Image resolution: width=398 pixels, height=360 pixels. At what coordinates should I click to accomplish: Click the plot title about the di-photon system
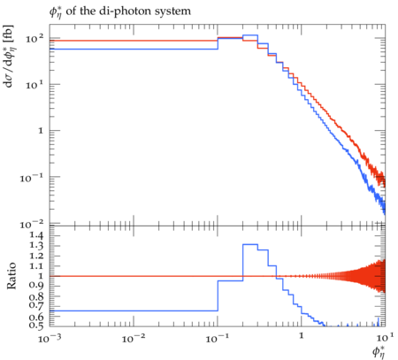point(120,11)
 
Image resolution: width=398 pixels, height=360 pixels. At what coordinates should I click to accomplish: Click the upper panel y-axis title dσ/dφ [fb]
point(9,56)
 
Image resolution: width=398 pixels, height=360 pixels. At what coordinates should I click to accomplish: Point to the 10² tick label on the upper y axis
point(34,38)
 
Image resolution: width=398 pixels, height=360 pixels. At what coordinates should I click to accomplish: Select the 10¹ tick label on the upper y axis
point(34,85)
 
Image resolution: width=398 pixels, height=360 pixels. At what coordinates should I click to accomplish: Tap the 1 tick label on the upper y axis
point(41,131)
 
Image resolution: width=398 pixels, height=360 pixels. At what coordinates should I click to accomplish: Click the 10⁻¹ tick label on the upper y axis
point(32,178)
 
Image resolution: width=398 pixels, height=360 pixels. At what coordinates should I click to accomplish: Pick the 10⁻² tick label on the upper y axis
point(32,224)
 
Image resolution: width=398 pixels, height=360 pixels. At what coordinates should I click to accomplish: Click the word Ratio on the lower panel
point(11,276)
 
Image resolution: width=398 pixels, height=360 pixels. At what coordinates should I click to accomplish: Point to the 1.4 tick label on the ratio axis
point(36,235)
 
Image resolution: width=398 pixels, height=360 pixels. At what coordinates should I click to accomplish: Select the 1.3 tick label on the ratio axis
point(36,246)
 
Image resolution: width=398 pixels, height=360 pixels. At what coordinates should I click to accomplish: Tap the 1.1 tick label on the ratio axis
point(36,266)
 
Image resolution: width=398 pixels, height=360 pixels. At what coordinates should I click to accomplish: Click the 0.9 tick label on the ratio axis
point(36,286)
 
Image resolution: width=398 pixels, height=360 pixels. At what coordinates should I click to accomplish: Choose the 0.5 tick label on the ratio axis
point(36,326)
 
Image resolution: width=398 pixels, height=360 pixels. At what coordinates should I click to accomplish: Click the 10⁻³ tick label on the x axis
point(50,339)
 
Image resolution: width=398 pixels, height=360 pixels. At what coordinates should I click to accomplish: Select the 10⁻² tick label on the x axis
point(134,339)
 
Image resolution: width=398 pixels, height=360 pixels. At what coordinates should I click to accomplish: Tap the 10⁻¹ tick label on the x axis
point(218,339)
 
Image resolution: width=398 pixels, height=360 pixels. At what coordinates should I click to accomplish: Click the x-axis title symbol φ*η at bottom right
point(379,352)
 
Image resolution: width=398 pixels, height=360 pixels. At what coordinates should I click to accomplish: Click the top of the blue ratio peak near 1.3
point(250,244)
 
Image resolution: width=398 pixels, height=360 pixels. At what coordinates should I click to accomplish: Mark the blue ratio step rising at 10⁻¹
point(218,295)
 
